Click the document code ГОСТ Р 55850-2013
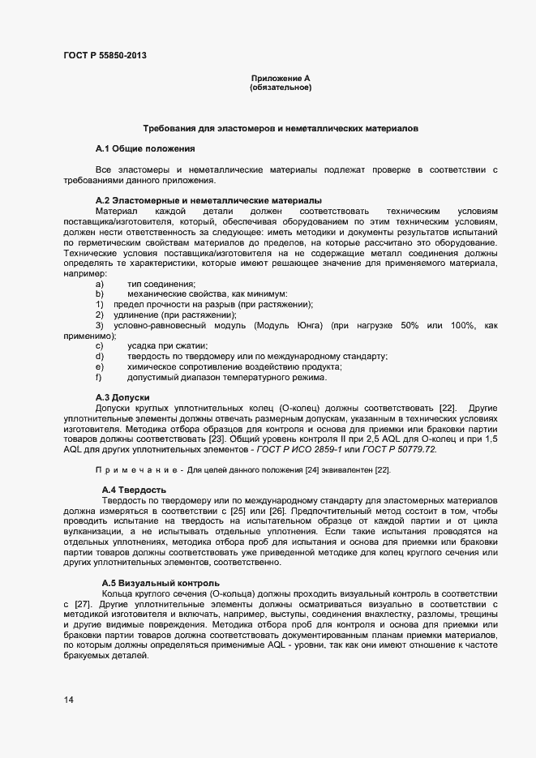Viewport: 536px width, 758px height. click(105, 56)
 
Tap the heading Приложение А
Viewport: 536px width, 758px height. click(281, 78)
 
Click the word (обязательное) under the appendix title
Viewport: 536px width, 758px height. click(281, 87)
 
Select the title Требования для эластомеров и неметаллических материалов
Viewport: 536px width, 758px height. click(281, 129)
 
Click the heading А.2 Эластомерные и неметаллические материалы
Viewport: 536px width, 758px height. click(208, 199)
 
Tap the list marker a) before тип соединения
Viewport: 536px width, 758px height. click(99, 284)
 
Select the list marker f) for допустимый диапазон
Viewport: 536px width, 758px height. click(98, 377)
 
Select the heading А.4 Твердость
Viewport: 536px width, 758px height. click(134, 490)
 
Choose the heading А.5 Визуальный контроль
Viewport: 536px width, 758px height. click(160, 583)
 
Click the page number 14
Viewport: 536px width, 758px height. click(68, 700)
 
